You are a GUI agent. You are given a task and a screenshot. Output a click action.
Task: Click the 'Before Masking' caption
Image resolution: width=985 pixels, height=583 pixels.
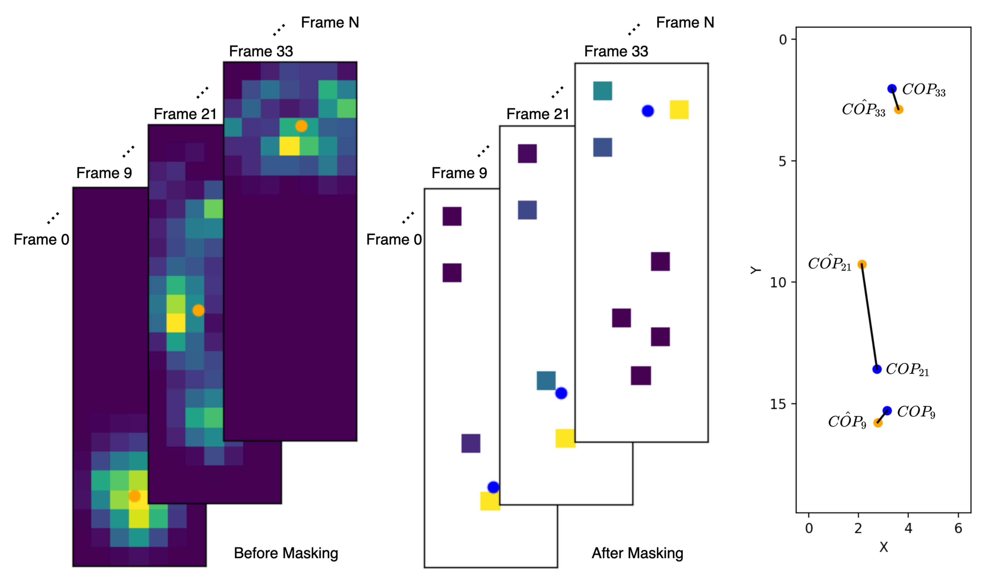click(x=286, y=553)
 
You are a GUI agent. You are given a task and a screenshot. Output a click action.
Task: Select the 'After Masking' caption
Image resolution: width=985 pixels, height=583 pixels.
click(x=637, y=553)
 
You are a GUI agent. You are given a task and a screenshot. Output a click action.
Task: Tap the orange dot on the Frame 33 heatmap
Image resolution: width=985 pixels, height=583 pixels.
click(x=301, y=126)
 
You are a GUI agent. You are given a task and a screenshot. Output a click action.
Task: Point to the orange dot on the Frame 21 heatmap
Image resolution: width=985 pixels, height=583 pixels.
click(x=198, y=310)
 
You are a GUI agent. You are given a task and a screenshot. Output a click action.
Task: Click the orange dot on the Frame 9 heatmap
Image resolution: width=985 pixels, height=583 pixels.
click(x=135, y=496)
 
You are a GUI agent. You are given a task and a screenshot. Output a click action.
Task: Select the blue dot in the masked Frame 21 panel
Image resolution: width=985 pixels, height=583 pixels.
click(x=561, y=393)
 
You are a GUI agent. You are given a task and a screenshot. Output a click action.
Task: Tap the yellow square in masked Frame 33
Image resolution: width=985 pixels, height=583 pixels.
click(x=679, y=110)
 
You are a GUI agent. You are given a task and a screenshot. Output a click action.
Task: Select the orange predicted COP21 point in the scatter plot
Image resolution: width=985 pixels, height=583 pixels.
click(x=861, y=264)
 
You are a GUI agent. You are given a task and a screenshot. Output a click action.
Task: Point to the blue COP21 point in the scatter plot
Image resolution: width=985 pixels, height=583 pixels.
click(x=876, y=369)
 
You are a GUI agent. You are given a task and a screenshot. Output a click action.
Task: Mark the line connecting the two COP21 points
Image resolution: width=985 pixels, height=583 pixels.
click(x=869, y=317)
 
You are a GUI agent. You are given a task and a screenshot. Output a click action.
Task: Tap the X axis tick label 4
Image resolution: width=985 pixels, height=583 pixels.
click(x=908, y=528)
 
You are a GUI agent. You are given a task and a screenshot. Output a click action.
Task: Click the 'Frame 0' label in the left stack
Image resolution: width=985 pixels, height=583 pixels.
click(x=41, y=239)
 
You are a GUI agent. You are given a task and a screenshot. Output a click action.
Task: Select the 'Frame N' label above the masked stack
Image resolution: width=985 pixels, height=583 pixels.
click(x=685, y=22)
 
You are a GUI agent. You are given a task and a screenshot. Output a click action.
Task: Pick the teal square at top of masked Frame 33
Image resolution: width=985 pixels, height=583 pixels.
click(x=602, y=91)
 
